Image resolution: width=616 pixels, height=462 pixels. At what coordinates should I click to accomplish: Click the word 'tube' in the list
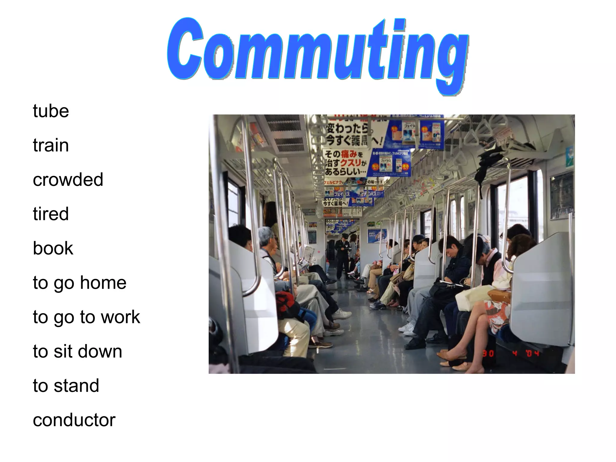pyautogui.click(x=51, y=111)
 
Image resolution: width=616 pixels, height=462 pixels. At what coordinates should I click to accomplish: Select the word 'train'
pyautogui.click(x=51, y=146)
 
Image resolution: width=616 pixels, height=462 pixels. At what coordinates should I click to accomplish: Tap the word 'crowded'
pyautogui.click(x=68, y=180)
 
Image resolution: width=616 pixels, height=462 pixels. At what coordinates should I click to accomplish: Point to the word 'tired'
pyautogui.click(x=51, y=214)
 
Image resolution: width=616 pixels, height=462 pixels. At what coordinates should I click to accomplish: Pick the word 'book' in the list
pyautogui.click(x=53, y=248)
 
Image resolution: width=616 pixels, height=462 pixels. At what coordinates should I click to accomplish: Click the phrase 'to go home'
pyautogui.click(x=79, y=283)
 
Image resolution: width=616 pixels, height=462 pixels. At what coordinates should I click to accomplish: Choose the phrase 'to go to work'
pyautogui.click(x=86, y=317)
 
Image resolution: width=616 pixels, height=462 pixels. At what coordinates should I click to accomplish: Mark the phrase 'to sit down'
pyautogui.click(x=77, y=351)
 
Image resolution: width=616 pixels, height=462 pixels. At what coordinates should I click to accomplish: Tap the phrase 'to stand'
pyautogui.click(x=66, y=386)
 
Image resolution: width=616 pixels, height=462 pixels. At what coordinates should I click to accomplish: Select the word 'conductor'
pyautogui.click(x=74, y=420)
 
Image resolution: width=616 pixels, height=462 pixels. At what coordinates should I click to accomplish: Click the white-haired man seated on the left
pyautogui.click(x=268, y=244)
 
